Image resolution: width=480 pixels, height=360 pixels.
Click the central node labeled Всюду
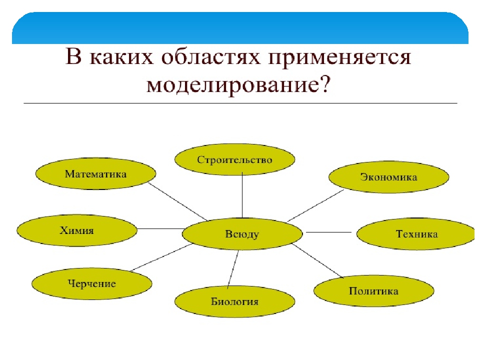click(242, 234)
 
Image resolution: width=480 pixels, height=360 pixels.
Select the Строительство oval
click(234, 160)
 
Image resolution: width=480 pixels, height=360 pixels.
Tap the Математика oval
click(95, 174)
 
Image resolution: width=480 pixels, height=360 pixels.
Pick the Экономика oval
click(388, 177)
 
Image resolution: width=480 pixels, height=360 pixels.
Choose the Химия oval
click(77, 230)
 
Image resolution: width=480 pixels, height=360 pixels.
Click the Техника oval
click(416, 234)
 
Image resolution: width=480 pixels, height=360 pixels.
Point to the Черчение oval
click(91, 284)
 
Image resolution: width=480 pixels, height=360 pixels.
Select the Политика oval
click(373, 291)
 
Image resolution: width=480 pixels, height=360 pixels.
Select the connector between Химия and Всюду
click(160, 228)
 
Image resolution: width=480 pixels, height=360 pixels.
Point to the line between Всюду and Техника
click(329, 232)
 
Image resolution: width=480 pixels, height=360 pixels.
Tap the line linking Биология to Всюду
click(233, 269)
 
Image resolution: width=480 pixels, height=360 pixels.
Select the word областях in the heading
click(196, 59)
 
